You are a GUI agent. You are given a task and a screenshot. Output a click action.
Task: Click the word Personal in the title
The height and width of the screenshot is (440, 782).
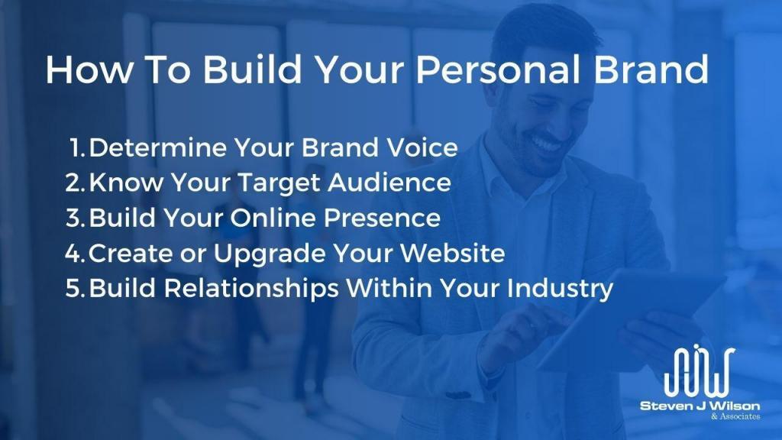(x=498, y=69)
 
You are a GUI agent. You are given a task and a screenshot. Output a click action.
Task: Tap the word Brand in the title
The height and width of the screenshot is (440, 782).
(x=651, y=69)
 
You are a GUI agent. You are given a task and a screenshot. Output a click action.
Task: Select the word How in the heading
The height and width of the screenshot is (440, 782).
(x=89, y=69)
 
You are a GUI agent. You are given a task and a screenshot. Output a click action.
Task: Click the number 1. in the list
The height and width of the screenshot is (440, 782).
(x=77, y=147)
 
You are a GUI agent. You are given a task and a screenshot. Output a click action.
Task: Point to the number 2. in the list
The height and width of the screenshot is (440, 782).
(x=76, y=183)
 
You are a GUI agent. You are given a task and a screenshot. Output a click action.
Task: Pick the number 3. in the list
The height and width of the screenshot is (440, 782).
(x=76, y=218)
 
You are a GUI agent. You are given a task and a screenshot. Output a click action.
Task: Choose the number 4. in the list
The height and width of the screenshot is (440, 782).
(x=76, y=254)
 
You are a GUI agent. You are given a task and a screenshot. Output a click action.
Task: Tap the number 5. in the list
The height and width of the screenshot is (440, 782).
(x=76, y=288)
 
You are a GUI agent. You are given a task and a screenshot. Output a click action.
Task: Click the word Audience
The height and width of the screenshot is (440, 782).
(x=389, y=183)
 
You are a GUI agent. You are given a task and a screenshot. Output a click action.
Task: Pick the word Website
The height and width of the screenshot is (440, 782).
(x=453, y=254)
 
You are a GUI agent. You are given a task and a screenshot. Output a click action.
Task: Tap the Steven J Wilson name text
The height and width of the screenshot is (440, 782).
(x=700, y=406)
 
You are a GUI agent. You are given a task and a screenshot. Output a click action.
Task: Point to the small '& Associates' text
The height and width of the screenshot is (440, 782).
(x=735, y=416)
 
